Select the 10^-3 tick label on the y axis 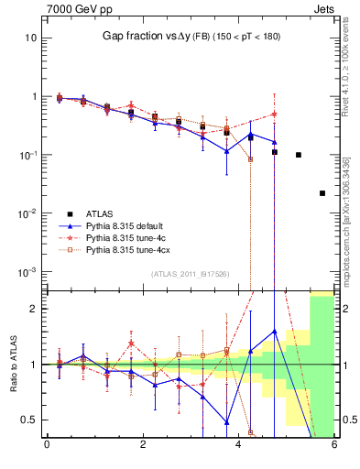[27, 272]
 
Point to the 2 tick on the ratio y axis [34, 309]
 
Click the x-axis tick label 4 [238, 446]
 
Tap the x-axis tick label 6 [334, 446]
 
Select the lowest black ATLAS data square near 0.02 [322, 193]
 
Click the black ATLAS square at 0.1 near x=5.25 [299, 155]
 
